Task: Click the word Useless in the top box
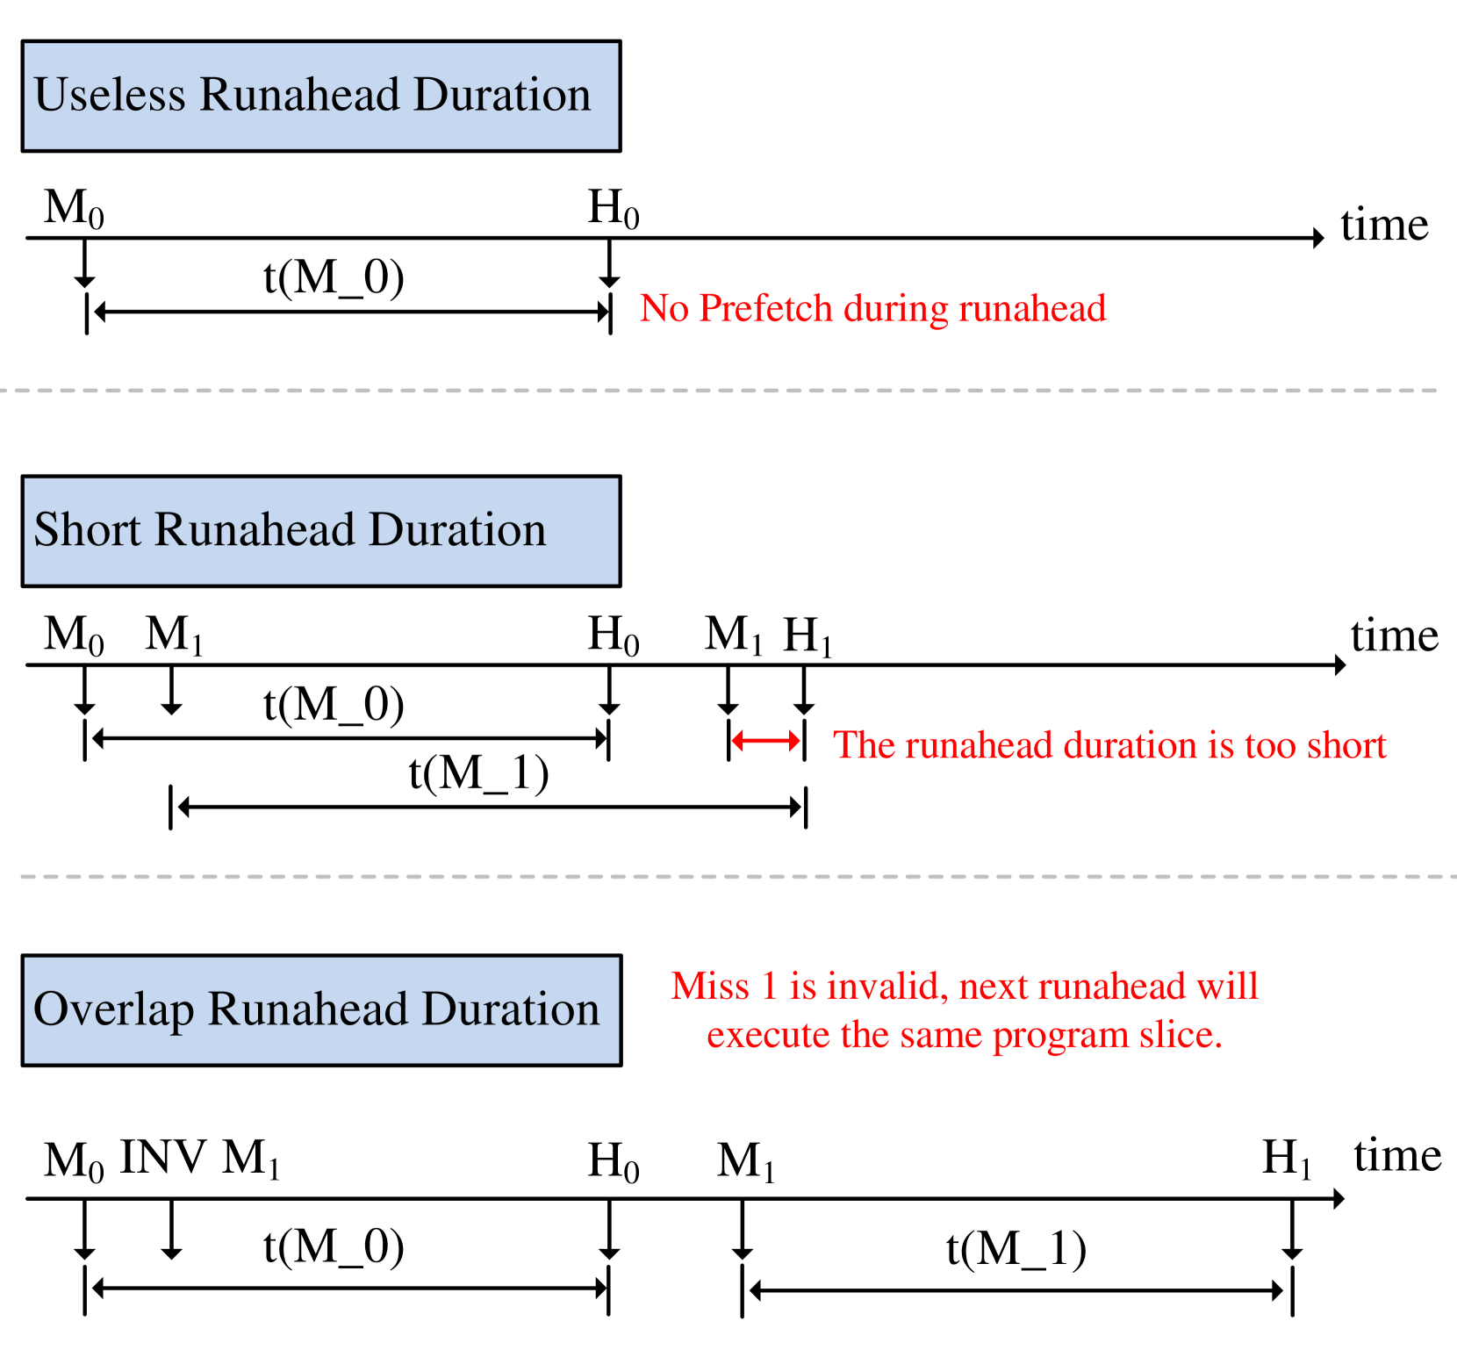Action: (x=110, y=95)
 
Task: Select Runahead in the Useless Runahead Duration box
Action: (x=299, y=95)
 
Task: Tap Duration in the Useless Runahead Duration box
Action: (x=502, y=95)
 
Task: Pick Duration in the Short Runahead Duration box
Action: (x=457, y=530)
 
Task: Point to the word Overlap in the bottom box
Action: (x=113, y=1009)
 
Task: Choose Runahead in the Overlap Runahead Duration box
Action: (x=308, y=1009)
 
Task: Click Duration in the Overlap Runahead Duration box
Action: (x=511, y=1009)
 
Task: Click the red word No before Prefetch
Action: (x=663, y=309)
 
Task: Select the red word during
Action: (x=895, y=309)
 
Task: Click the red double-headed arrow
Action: (x=766, y=742)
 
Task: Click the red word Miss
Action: (x=710, y=987)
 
